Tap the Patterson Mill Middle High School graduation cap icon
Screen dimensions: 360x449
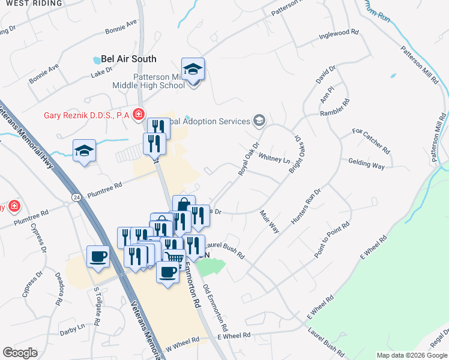(193, 71)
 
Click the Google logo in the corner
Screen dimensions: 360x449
(20, 353)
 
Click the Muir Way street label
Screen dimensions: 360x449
(270, 221)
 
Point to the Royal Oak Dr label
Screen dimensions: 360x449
(247, 158)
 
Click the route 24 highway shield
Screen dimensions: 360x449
(76, 196)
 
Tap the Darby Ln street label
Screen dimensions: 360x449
(72, 329)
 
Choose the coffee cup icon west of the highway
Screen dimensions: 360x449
(98, 257)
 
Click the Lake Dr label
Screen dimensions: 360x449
(101, 73)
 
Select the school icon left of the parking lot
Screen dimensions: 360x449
(85, 151)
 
